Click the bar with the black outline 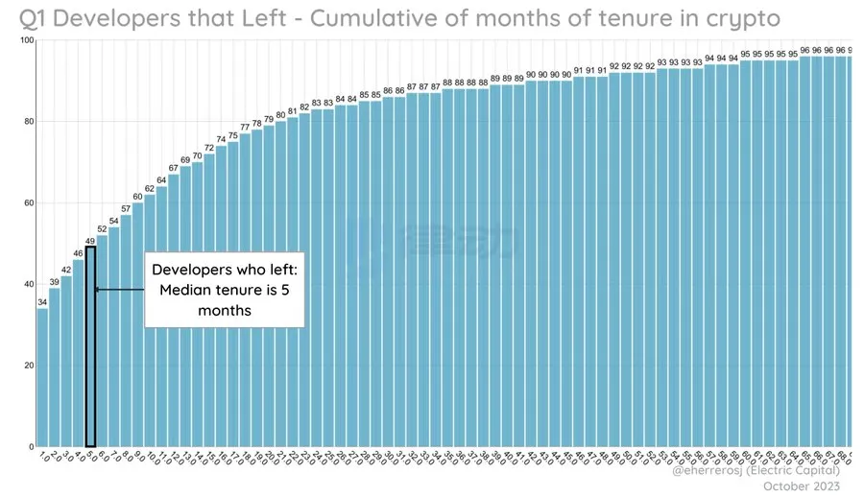click(x=90, y=345)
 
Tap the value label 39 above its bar click(x=55, y=282)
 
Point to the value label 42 click(x=66, y=270)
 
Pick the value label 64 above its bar click(x=161, y=180)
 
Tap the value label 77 click(x=244, y=128)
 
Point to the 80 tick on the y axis click(x=28, y=122)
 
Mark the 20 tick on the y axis click(x=28, y=366)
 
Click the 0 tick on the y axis click(x=31, y=447)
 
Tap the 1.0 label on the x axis click(x=42, y=458)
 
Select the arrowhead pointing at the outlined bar click(x=97, y=289)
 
